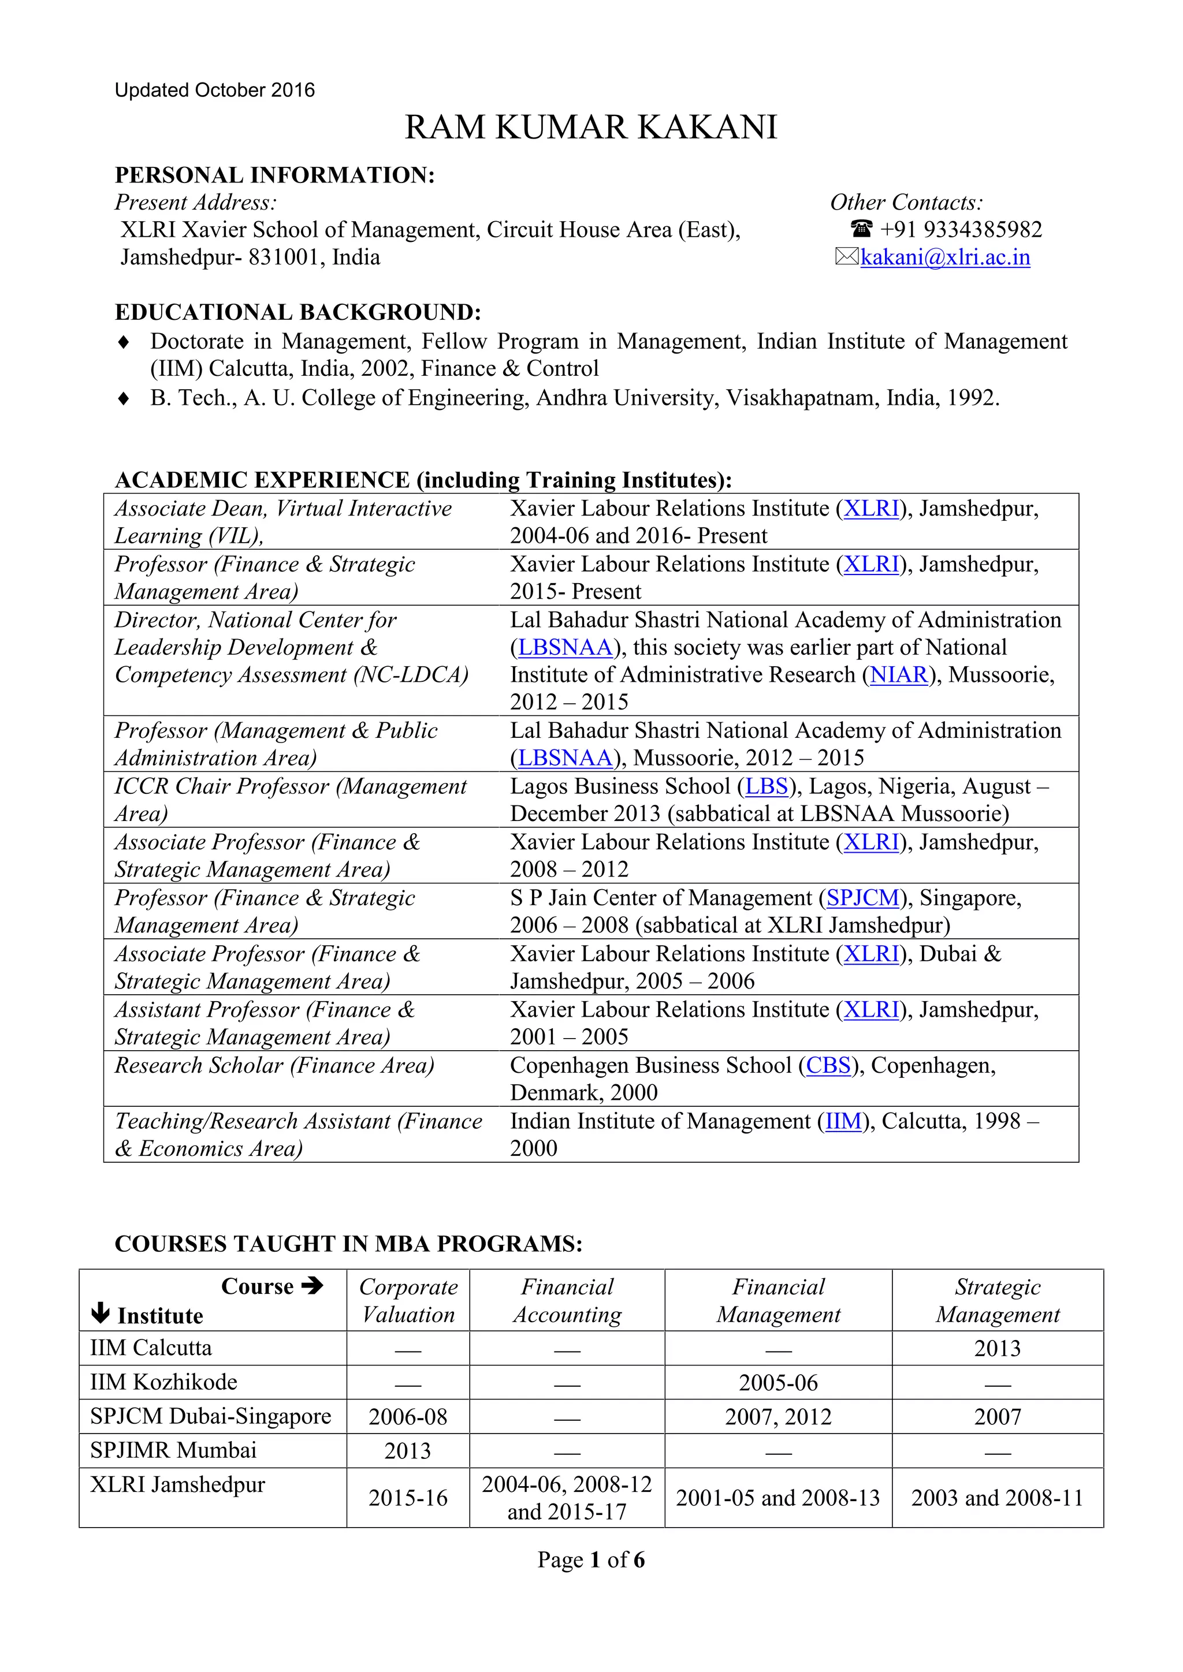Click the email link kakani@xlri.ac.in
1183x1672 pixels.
click(945, 258)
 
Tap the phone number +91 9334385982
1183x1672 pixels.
click(961, 230)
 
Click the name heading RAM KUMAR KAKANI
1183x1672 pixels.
click(591, 128)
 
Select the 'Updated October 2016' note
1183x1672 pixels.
click(215, 90)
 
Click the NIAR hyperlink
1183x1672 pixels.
click(899, 675)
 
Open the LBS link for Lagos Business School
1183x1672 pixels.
click(767, 786)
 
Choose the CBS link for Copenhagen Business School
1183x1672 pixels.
click(828, 1065)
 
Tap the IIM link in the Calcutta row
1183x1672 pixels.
click(843, 1121)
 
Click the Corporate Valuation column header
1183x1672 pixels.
click(408, 1301)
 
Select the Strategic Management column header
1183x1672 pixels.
click(997, 1301)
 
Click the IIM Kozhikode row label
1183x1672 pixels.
click(164, 1382)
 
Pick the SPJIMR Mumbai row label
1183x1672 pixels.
click(173, 1450)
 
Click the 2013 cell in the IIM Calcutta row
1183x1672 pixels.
click(997, 1349)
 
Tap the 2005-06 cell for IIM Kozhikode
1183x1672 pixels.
click(778, 1383)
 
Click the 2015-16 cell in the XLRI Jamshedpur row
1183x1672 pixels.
click(408, 1498)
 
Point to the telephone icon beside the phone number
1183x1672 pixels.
click(861, 229)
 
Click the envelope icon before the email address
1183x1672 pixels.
click(846, 257)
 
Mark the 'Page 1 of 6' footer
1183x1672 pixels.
click(591, 1560)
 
